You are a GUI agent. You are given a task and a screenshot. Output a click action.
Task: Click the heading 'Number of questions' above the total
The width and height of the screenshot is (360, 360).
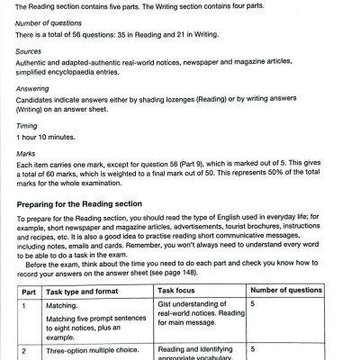click(x=47, y=22)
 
